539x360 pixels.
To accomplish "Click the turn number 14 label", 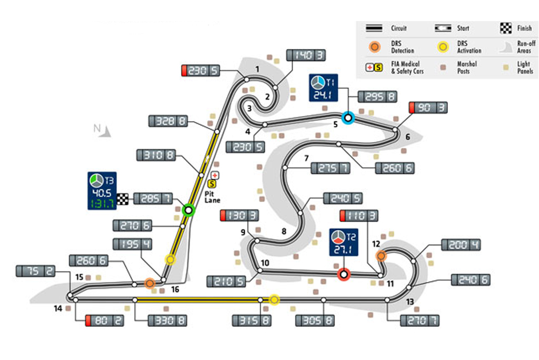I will [57, 308].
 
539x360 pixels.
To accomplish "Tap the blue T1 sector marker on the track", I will [347, 118].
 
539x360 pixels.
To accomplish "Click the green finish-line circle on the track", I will [188, 211].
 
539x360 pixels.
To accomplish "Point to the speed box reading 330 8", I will [167, 320].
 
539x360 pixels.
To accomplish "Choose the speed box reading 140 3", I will [306, 55].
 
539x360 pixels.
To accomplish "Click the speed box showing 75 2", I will [36, 271].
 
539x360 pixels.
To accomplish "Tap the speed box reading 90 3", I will [429, 108].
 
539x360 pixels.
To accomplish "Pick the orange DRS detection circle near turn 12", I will [381, 256].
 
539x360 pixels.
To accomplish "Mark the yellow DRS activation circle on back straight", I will [274, 299].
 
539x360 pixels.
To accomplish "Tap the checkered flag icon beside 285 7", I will [123, 199].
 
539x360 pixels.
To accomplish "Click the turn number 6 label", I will [407, 138].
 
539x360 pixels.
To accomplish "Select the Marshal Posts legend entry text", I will [467, 67].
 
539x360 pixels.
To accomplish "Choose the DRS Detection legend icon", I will [374, 47].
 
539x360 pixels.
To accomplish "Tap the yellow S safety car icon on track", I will [212, 184].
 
